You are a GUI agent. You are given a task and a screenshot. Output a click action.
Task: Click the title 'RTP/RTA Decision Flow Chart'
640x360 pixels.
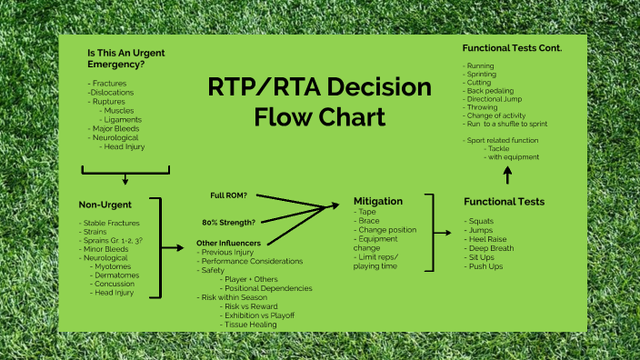[x=319, y=102]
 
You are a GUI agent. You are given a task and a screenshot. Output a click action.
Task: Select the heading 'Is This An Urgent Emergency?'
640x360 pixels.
[x=125, y=58]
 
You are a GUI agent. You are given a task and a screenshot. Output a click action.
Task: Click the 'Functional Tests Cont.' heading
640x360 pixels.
[x=512, y=47]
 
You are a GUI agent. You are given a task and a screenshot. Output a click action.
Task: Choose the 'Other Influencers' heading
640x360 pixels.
[x=229, y=244]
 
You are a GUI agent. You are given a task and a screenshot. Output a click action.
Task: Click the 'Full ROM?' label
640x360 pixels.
[x=229, y=196]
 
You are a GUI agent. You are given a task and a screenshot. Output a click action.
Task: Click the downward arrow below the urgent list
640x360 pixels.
[x=125, y=177]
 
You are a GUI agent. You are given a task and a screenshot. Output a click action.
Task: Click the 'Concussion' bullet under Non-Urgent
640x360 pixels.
[x=117, y=285]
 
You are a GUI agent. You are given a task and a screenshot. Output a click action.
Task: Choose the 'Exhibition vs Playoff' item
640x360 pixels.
[x=262, y=315]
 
